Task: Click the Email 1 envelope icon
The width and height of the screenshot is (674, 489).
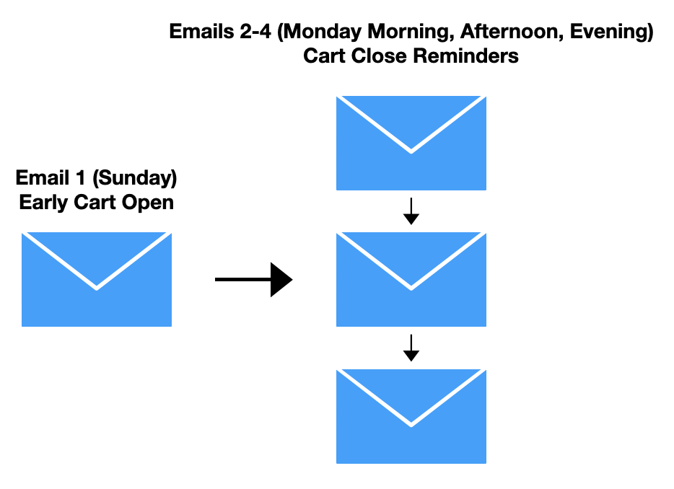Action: [x=97, y=279]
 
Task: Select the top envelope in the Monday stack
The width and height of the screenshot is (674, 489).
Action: [x=411, y=143]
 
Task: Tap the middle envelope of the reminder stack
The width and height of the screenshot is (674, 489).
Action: [x=411, y=279]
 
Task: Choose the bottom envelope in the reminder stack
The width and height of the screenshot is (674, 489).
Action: [x=411, y=416]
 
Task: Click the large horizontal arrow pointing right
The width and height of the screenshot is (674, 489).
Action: [x=253, y=279]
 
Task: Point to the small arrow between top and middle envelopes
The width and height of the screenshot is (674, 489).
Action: [x=411, y=211]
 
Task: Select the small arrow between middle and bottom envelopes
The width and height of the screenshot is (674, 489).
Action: [x=411, y=348]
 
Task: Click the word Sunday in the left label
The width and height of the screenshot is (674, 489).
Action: [x=134, y=178]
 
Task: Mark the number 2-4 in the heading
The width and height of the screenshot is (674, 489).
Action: [x=255, y=31]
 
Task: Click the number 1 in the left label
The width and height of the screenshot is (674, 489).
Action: [x=80, y=178]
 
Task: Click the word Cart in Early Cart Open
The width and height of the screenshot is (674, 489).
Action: [x=95, y=203]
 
